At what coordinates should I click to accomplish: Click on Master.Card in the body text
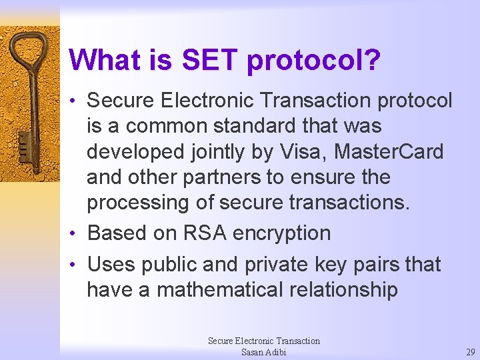389,151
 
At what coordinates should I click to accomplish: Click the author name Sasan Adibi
263,351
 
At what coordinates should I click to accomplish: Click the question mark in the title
372,59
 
